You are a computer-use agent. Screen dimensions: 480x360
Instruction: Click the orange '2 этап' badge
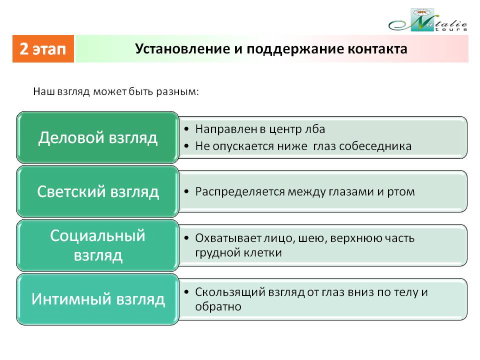click(x=43, y=48)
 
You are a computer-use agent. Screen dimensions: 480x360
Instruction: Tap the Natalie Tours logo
click(x=428, y=20)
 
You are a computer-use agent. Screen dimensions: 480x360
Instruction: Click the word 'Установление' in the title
click(x=183, y=49)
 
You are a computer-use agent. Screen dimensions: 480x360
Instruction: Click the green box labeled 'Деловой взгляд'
click(x=97, y=137)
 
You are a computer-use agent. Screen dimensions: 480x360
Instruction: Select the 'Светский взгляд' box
click(x=97, y=191)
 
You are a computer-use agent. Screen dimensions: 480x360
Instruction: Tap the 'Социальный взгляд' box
click(x=97, y=245)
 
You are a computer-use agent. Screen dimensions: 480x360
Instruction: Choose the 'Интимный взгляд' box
click(x=97, y=299)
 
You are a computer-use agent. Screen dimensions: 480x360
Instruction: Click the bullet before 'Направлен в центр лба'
click(x=186, y=129)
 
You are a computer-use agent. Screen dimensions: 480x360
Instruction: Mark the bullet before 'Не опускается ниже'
click(x=186, y=146)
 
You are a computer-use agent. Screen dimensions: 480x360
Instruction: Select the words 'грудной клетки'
click(x=238, y=253)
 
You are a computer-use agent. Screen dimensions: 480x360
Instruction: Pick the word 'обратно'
click(x=218, y=306)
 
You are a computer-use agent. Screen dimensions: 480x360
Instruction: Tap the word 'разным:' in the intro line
click(x=177, y=92)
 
